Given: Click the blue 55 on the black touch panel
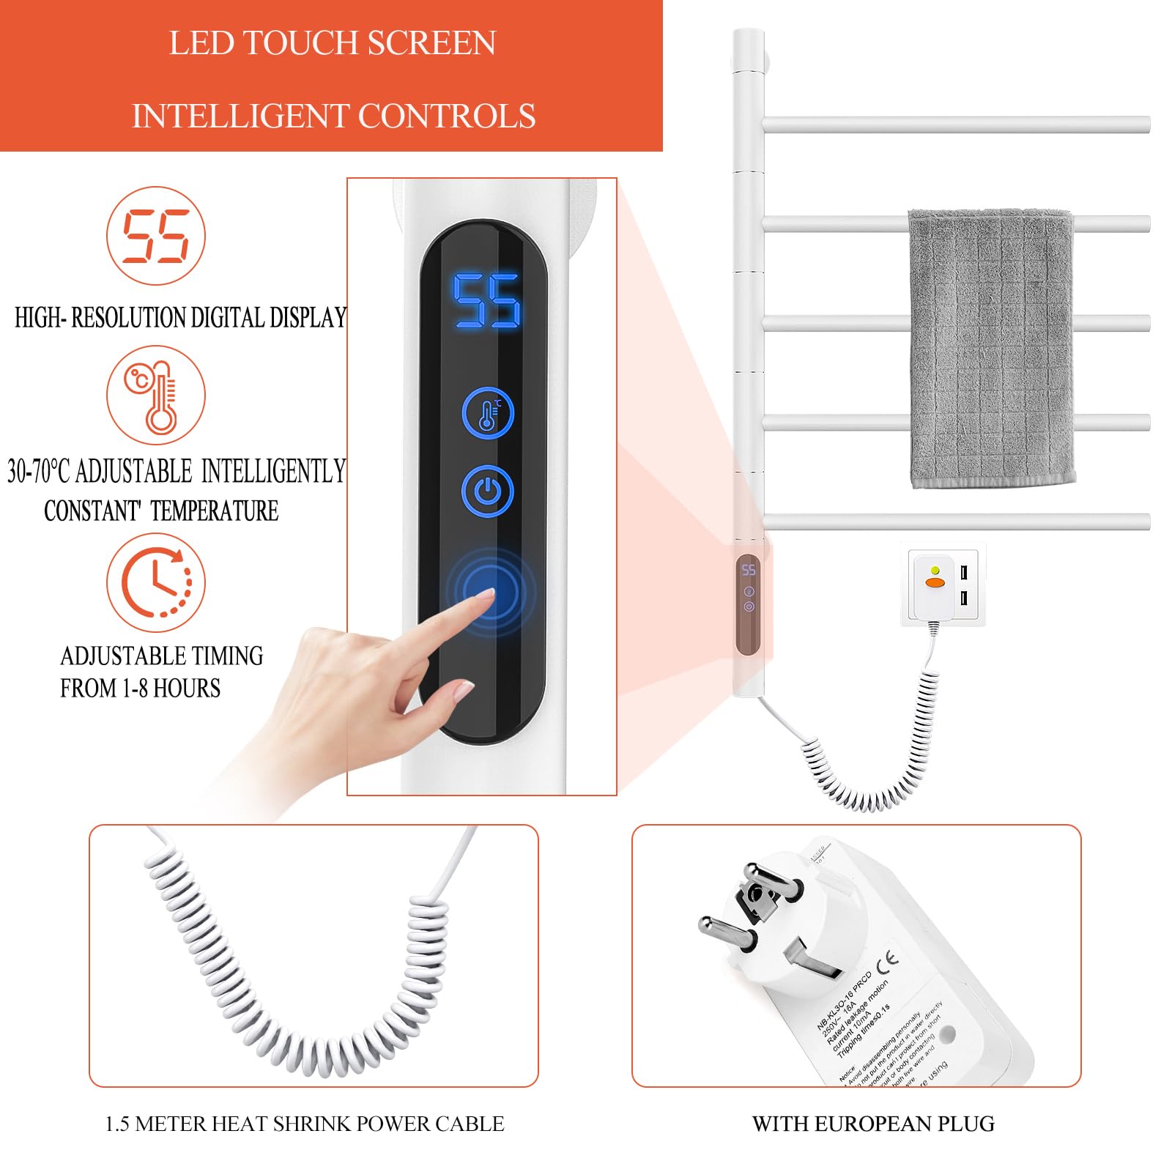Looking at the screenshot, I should coord(486,300).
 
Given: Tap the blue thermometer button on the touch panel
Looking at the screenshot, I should coord(488,414).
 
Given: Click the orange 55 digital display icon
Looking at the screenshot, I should coord(156,236).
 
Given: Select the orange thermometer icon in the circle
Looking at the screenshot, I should coord(156,396).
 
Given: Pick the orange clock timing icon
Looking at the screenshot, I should coord(156,582).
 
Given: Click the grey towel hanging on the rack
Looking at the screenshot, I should coord(991,348).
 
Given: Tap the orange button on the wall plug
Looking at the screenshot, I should coord(935,582).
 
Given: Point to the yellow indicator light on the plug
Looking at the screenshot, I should coord(935,570).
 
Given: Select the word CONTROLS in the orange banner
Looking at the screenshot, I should coord(446,116).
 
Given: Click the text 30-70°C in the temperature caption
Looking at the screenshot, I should coord(39,471).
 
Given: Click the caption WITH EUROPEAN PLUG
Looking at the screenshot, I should coord(873,1124).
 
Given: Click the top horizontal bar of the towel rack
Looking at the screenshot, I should coord(956,125).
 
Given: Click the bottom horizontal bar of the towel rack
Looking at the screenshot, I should coord(956,522).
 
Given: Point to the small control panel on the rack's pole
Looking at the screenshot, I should coord(748,604).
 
